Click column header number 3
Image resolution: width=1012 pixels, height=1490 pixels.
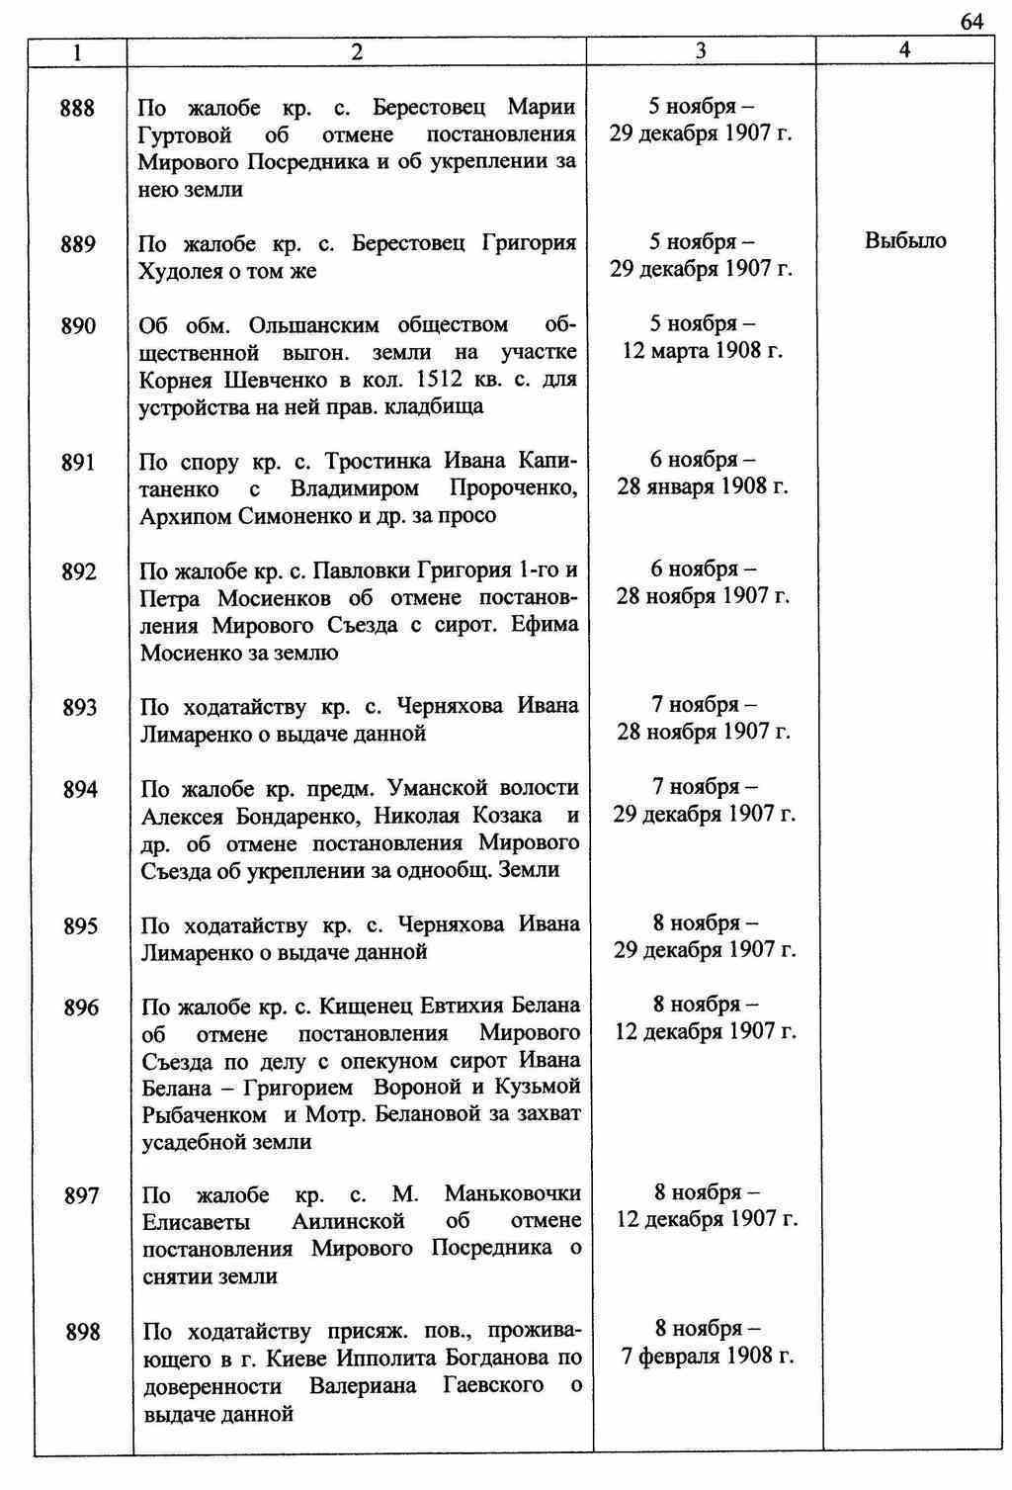[x=701, y=51]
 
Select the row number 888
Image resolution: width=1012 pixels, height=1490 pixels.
[x=78, y=108]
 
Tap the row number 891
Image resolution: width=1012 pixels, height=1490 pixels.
[x=79, y=462]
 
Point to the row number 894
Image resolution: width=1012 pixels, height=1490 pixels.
[x=80, y=789]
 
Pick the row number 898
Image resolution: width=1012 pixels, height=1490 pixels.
[x=83, y=1332]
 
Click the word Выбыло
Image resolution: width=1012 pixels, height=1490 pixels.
[x=905, y=241]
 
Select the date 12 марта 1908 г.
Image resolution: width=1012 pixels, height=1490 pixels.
[x=702, y=351]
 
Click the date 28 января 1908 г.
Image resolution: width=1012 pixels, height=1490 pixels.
[x=703, y=487]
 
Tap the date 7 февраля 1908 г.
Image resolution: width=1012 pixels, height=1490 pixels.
[x=708, y=1356]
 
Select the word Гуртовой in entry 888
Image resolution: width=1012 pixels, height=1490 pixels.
[x=185, y=134]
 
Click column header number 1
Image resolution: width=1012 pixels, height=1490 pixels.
[x=78, y=51]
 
